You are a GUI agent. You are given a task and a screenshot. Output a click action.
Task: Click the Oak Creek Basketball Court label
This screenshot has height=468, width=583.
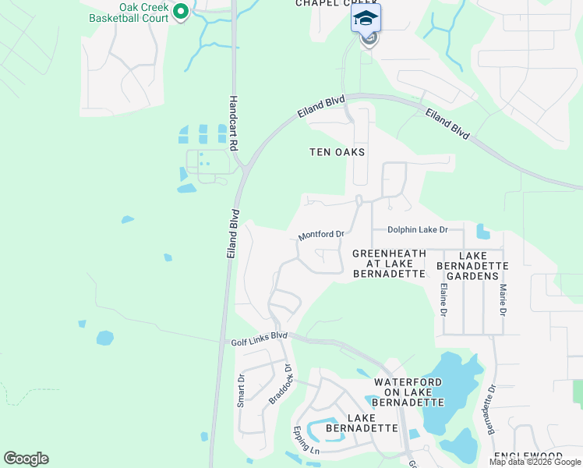coord(128,12)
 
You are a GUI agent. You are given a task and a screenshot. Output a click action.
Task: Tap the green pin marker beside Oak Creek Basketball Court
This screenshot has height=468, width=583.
coord(181,12)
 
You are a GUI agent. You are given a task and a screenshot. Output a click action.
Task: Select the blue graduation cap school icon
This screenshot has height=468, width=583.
coord(366,17)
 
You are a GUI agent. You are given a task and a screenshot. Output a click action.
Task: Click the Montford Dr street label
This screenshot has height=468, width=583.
coord(321,235)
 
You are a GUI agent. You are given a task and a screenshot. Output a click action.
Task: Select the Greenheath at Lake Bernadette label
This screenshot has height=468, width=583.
coord(389,264)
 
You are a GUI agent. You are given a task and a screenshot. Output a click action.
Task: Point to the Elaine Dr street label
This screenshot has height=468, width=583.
coord(443,300)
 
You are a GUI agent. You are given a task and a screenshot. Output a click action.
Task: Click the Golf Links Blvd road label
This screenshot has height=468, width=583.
coord(260,340)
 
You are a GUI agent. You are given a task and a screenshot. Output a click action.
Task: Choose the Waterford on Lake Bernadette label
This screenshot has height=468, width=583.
coord(408,392)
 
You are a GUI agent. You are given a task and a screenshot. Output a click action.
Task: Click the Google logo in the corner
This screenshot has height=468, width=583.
coord(26,459)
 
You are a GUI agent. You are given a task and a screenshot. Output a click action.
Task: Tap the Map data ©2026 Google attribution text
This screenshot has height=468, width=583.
coord(535,462)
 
